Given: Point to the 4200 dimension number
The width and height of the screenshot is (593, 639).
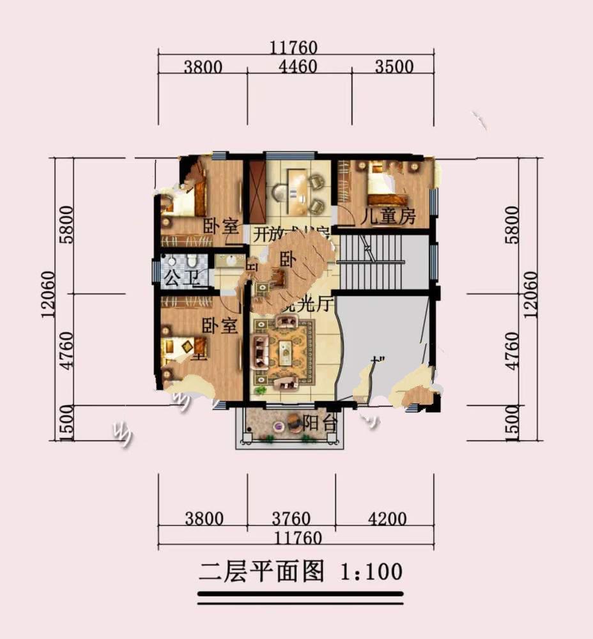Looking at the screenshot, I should click(x=388, y=518).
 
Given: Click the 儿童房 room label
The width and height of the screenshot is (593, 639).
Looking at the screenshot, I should click(x=388, y=217).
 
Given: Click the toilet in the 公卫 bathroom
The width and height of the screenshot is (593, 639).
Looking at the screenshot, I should click(x=192, y=263).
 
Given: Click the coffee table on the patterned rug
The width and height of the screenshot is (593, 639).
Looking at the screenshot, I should click(x=285, y=351).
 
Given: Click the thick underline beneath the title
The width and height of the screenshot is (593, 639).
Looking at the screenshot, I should click(x=300, y=594).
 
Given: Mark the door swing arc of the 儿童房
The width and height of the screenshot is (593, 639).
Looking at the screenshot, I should click(x=343, y=215).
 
